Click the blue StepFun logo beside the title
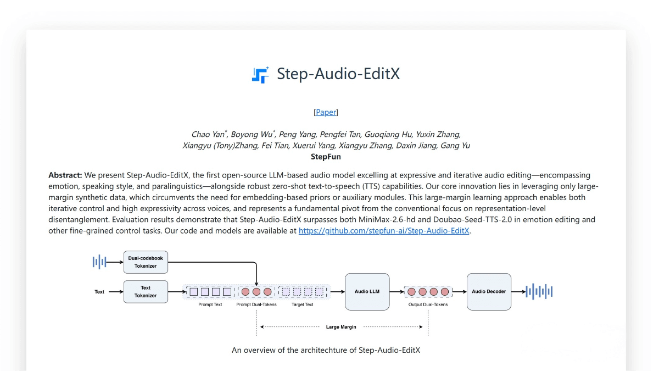click(260, 75)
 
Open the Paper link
click(326, 112)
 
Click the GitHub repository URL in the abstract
click(384, 231)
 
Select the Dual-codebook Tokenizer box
click(146, 262)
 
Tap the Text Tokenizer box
click(146, 291)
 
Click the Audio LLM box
click(367, 291)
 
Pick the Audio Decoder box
click(489, 291)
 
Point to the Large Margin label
click(341, 327)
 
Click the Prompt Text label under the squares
click(210, 304)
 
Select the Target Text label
click(302, 304)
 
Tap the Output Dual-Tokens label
click(428, 304)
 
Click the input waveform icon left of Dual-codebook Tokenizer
click(99, 262)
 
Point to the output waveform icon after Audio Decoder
click(539, 291)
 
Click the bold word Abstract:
click(65, 175)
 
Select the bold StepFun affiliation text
click(326, 157)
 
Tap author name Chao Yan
click(208, 135)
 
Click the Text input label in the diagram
click(99, 292)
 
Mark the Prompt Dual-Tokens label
click(256, 304)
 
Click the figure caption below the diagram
click(326, 350)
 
